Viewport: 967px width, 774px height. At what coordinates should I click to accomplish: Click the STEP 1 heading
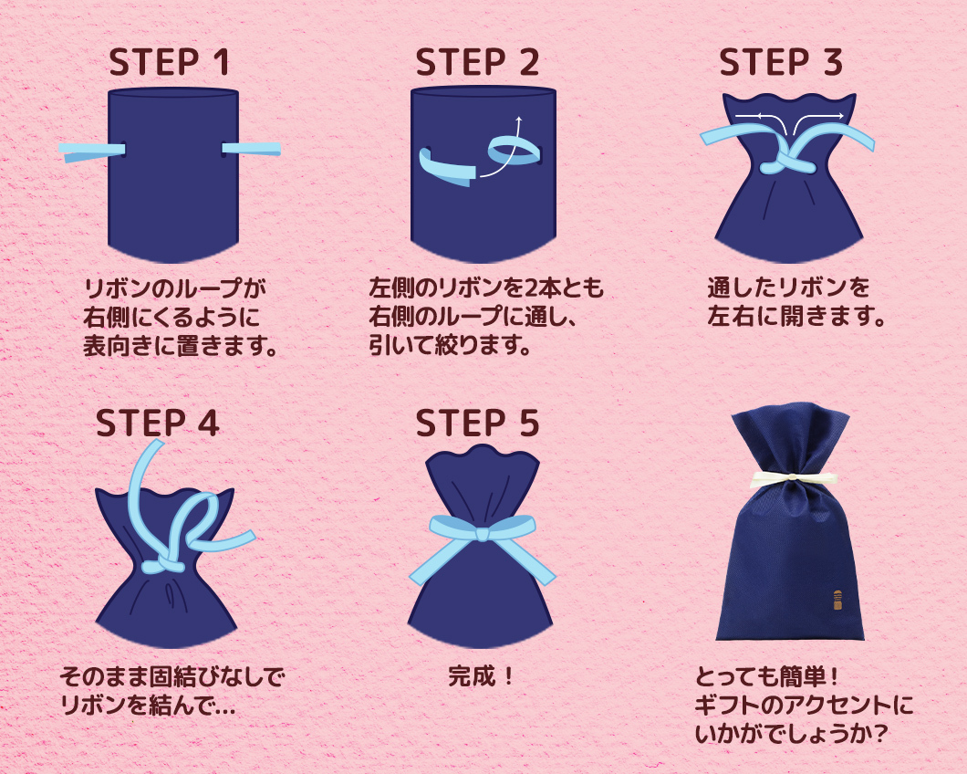(169, 62)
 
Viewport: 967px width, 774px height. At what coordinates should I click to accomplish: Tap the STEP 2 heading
(477, 62)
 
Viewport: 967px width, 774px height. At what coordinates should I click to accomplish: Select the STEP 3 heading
(781, 62)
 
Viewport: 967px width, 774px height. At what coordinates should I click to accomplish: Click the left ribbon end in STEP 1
(92, 152)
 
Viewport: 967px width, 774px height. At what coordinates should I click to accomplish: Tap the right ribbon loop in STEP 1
(252, 149)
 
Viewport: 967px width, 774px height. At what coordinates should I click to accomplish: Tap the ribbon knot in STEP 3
(787, 165)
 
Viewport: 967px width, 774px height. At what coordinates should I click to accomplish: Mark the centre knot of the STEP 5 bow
(483, 532)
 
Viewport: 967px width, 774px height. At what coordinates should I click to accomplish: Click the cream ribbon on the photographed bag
(793, 479)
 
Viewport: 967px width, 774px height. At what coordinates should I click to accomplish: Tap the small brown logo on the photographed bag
(837, 601)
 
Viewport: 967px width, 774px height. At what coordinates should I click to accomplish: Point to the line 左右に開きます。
(796, 317)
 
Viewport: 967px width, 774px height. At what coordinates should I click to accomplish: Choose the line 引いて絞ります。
(450, 346)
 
